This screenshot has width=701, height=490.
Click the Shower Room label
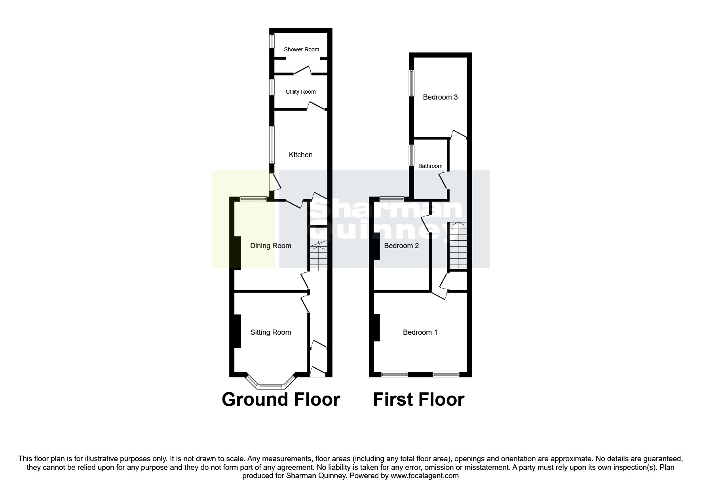click(301, 49)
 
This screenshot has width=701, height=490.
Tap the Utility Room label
click(300, 92)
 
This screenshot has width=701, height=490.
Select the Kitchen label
click(300, 155)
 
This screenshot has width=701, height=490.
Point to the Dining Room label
click(270, 246)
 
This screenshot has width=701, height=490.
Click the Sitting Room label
click(270, 332)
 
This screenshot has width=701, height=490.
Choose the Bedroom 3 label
click(440, 97)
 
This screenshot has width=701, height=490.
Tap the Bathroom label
click(430, 166)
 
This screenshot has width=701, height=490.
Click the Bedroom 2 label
click(401, 246)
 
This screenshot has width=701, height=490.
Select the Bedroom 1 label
click(420, 332)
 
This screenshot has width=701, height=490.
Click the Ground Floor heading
click(281, 400)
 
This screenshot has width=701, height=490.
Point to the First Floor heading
click(418, 400)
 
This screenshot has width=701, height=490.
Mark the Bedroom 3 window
click(412, 83)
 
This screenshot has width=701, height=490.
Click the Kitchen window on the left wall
click(272, 145)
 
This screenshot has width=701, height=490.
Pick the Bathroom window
click(412, 155)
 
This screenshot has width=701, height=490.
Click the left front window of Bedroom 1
click(394, 374)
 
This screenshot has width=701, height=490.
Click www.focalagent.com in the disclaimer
click(425, 476)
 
